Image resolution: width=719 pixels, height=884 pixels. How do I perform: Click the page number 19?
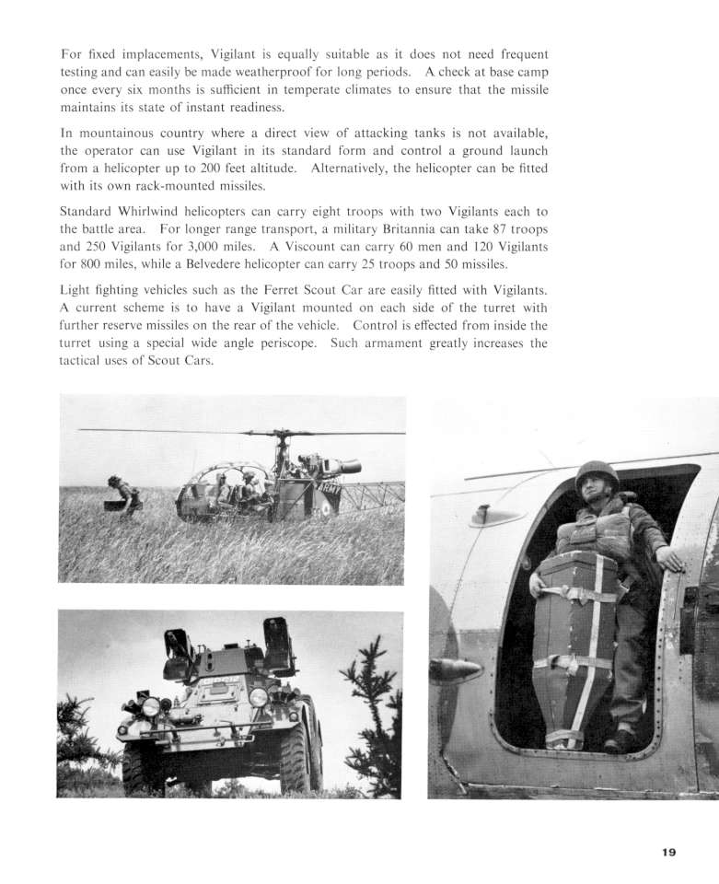coord(668,853)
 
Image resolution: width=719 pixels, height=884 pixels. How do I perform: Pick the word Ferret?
coord(333,290)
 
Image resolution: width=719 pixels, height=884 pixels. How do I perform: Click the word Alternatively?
coord(358,169)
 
